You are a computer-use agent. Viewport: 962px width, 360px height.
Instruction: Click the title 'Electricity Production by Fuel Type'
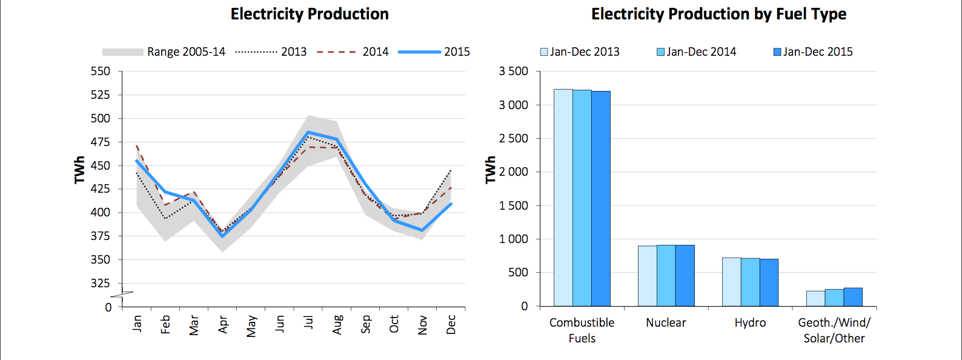pyautogui.click(x=718, y=14)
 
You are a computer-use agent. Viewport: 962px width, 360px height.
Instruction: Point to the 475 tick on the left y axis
pyautogui.click(x=101, y=142)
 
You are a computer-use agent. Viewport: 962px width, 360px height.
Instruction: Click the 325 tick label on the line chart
pyautogui.click(x=101, y=283)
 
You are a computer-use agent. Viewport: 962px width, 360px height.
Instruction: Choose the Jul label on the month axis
pyautogui.click(x=308, y=322)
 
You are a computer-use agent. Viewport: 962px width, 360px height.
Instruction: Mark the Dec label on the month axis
pyautogui.click(x=451, y=324)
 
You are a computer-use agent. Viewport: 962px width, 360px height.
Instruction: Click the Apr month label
pyautogui.click(x=223, y=324)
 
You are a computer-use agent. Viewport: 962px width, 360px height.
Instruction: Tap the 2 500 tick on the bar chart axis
pyautogui.click(x=513, y=138)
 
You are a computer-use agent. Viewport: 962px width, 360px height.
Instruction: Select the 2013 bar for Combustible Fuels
pyautogui.click(x=563, y=198)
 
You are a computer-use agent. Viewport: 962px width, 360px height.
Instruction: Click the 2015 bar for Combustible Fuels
pyautogui.click(x=601, y=199)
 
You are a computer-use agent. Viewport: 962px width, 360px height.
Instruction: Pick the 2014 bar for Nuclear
pyautogui.click(x=666, y=276)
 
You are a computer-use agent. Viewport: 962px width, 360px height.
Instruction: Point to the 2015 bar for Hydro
pyautogui.click(x=769, y=282)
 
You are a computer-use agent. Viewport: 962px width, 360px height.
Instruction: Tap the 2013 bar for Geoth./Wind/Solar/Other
pyautogui.click(x=815, y=299)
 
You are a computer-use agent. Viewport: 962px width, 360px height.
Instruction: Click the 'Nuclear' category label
pyautogui.click(x=666, y=322)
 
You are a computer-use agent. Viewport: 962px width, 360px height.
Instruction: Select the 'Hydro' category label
pyautogui.click(x=750, y=322)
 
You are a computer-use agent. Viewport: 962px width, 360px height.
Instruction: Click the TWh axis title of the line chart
pyautogui.click(x=80, y=170)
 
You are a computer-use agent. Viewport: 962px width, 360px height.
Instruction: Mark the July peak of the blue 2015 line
pyautogui.click(x=308, y=132)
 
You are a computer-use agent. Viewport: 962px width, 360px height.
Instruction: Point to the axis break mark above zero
pyautogui.click(x=122, y=295)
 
